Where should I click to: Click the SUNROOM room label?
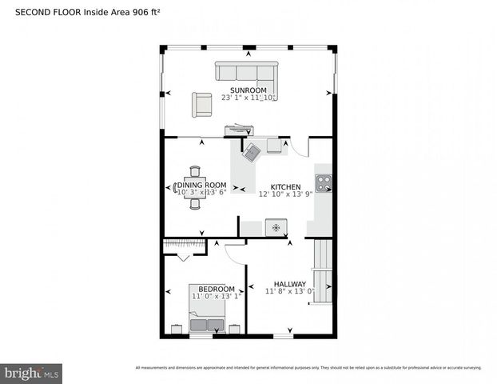click(248, 90)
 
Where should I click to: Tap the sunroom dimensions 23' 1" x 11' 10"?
click(248, 98)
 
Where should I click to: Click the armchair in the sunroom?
click(201, 102)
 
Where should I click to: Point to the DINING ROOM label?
click(196, 185)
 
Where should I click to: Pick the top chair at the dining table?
click(195, 170)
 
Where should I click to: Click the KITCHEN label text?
click(285, 186)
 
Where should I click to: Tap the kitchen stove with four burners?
click(324, 183)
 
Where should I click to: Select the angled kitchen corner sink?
click(253, 151)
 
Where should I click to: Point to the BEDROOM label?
click(217, 289)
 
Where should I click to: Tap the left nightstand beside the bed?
click(177, 328)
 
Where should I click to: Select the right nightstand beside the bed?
click(235, 328)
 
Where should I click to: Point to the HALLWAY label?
click(290, 283)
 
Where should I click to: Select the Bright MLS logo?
click(32, 373)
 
